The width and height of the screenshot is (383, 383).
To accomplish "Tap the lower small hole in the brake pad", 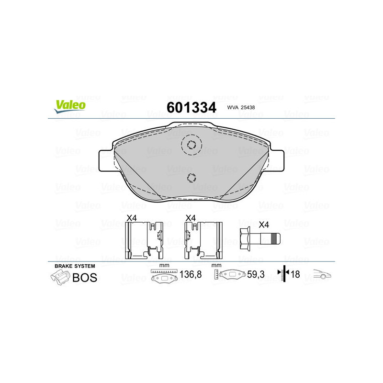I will click(191, 177).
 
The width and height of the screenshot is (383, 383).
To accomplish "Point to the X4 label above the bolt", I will click(263, 224).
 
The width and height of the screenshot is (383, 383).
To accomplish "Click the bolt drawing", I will click(258, 238).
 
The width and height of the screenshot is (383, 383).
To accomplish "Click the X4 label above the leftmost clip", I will click(131, 218).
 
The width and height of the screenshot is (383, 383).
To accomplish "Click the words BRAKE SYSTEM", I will click(74, 266).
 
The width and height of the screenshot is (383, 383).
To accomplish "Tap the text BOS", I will click(84, 277).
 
